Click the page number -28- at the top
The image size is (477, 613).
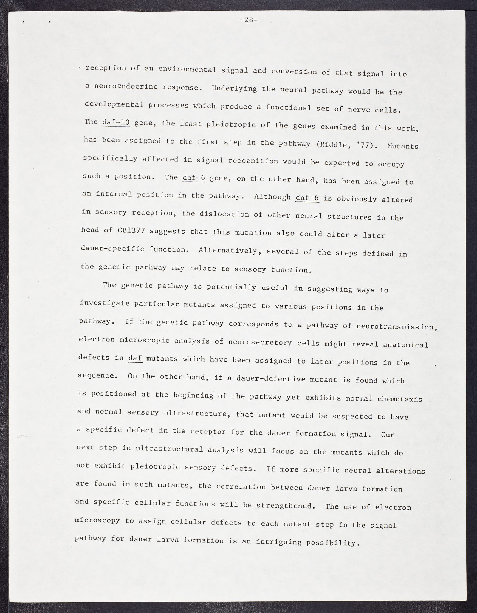[x=248, y=20]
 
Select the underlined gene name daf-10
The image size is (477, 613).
[x=116, y=123]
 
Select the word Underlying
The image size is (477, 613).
[x=234, y=89]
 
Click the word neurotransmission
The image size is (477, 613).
[x=395, y=327]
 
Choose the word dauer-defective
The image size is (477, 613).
[x=271, y=379]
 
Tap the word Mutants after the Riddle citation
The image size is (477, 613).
[x=403, y=146]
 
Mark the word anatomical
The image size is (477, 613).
[x=405, y=345]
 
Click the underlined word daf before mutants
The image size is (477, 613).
[x=135, y=358]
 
